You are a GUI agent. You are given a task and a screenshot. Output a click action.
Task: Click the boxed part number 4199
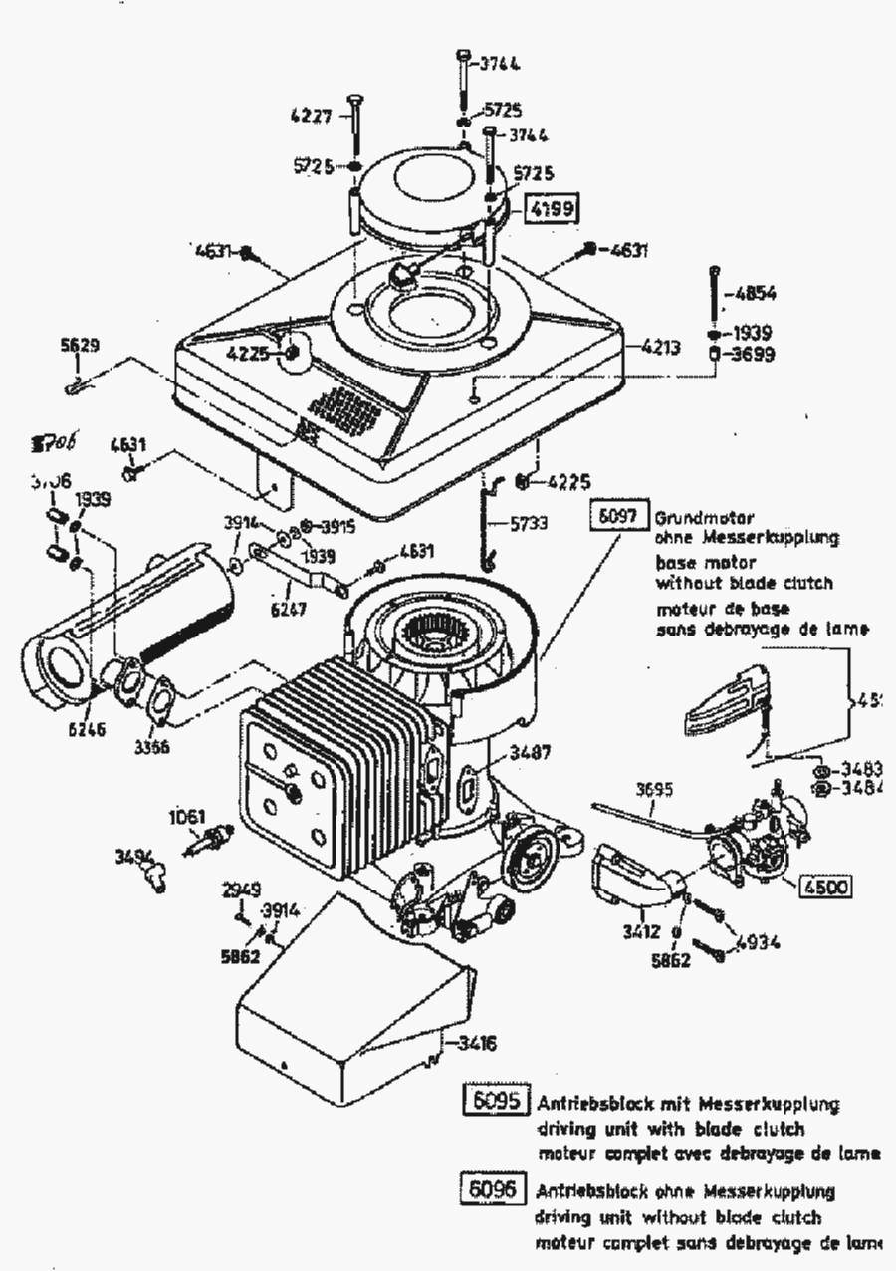552,209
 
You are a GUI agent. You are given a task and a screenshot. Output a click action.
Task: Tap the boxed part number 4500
825,887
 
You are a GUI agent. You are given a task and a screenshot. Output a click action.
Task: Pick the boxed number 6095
497,1103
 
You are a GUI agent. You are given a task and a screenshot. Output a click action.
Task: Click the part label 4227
311,115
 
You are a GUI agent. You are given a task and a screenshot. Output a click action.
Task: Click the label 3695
654,790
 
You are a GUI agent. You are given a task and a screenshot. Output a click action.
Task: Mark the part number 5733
529,522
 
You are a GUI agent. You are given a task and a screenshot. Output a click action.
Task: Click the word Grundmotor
704,518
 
